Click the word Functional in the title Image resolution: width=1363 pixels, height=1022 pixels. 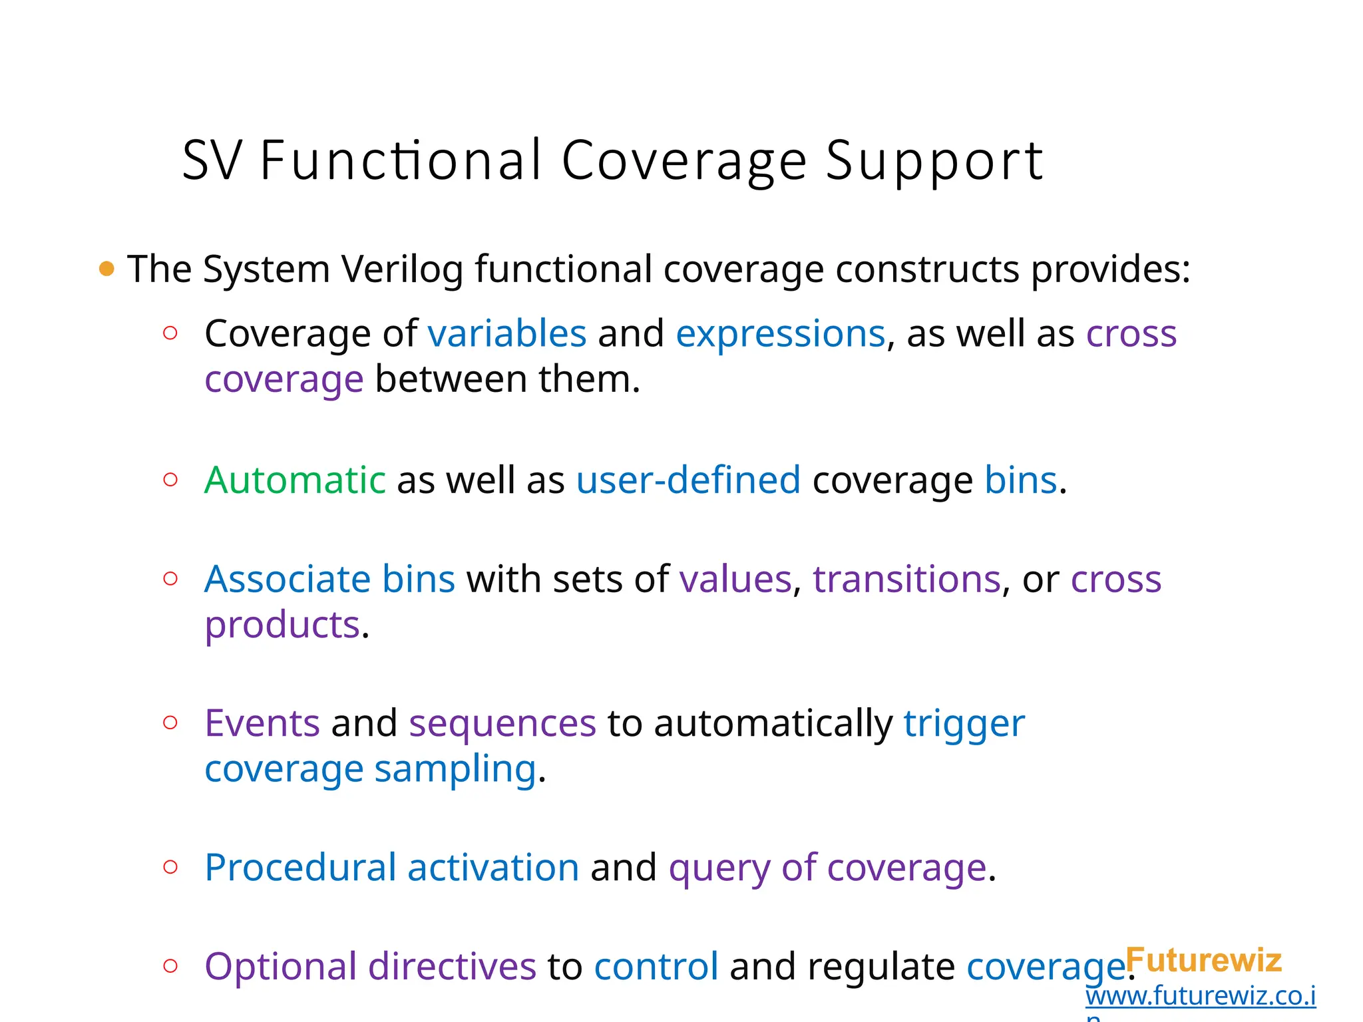[x=401, y=160]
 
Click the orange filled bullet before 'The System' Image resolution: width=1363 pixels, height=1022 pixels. [x=106, y=269]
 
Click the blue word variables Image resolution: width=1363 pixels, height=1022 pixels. [x=506, y=333]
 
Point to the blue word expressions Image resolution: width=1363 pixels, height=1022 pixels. [x=780, y=333]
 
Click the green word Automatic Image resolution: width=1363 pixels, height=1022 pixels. [x=295, y=480]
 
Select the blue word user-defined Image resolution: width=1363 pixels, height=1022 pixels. [x=688, y=480]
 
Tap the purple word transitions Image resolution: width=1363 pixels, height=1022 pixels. [x=906, y=579]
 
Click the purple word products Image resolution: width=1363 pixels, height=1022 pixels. [x=282, y=625]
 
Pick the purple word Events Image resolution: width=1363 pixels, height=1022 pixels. [x=262, y=723]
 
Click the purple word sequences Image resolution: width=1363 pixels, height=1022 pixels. [x=502, y=723]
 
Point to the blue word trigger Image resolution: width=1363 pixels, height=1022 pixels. [x=964, y=725]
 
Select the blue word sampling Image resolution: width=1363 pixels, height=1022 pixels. [x=455, y=770]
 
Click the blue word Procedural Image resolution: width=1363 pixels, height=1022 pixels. [x=300, y=868]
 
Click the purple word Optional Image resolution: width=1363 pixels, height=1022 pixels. [x=280, y=967]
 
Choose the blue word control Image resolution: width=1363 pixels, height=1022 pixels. [x=656, y=967]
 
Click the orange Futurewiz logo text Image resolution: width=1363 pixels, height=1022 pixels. [x=1203, y=960]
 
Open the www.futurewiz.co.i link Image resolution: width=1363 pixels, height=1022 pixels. [x=1200, y=996]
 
